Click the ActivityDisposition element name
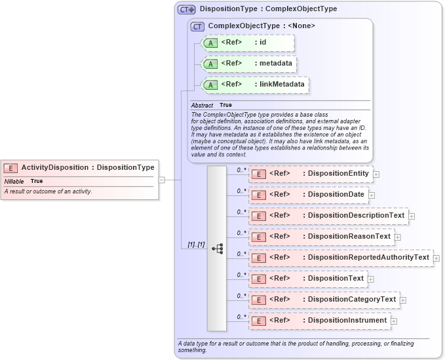[54, 167]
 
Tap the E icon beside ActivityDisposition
[10, 168]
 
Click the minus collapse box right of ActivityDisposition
[162, 179]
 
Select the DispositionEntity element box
[310, 174]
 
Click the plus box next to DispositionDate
[372, 195]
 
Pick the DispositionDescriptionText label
[357, 215]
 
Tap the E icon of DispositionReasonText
[258, 237]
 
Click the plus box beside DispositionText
[371, 279]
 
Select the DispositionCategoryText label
[352, 299]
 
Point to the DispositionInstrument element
[319, 320]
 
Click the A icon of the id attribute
[210, 43]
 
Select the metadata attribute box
[248, 64]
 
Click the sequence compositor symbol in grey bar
[217, 249]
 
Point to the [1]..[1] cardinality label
[196, 245]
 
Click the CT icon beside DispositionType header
[187, 10]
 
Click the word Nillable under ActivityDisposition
[14, 181]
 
